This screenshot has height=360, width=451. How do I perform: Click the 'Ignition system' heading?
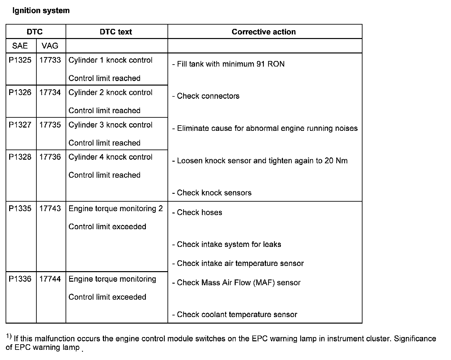pos(41,10)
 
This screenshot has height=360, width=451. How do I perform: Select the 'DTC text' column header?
pos(116,32)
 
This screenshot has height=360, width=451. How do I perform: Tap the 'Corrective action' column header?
pos(264,32)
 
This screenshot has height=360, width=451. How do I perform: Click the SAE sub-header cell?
pos(20,46)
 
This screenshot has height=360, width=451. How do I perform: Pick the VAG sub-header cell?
pos(50,46)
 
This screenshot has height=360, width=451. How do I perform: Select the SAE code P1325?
pos(20,60)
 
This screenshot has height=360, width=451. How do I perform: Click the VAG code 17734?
pos(50,92)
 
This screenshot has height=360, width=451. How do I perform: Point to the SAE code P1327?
pos(20,125)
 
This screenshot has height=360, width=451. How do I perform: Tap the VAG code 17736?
pos(50,157)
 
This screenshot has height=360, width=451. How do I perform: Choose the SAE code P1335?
pos(20,209)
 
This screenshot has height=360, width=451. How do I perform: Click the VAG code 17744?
pos(50,279)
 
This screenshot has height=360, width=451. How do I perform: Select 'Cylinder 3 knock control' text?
pos(110,125)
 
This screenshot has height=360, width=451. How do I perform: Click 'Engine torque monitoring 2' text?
pos(116,209)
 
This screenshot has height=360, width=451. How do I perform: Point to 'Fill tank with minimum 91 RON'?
pos(230,64)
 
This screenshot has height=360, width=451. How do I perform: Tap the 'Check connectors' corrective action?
pos(208,96)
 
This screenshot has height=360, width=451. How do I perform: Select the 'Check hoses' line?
pos(199,212)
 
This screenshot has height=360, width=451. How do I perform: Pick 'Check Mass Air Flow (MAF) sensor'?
pos(238,283)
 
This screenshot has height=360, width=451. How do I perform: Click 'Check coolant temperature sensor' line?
pos(237,315)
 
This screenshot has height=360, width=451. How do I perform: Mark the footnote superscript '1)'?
pos(9,336)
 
